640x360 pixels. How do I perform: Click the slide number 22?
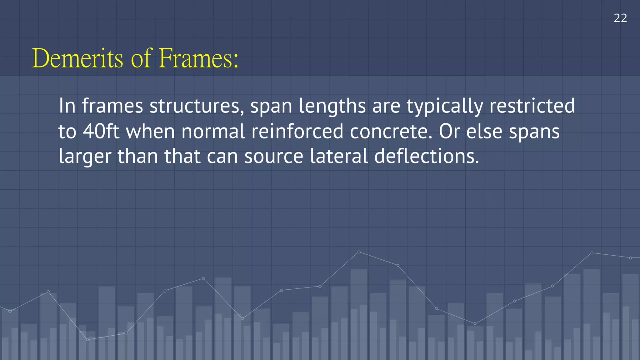point(620,18)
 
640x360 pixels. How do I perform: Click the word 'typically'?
point(444,107)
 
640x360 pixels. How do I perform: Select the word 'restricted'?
point(532,106)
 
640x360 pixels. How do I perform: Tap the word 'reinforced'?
point(297,131)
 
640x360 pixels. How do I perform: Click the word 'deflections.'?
point(427,156)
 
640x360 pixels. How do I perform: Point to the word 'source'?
point(274,157)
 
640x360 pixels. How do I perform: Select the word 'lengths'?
point(332,107)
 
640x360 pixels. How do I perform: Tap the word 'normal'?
point(213,131)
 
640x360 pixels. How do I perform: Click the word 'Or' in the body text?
point(449,131)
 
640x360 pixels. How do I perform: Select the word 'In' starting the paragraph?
point(67,106)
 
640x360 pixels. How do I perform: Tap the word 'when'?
point(150,131)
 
